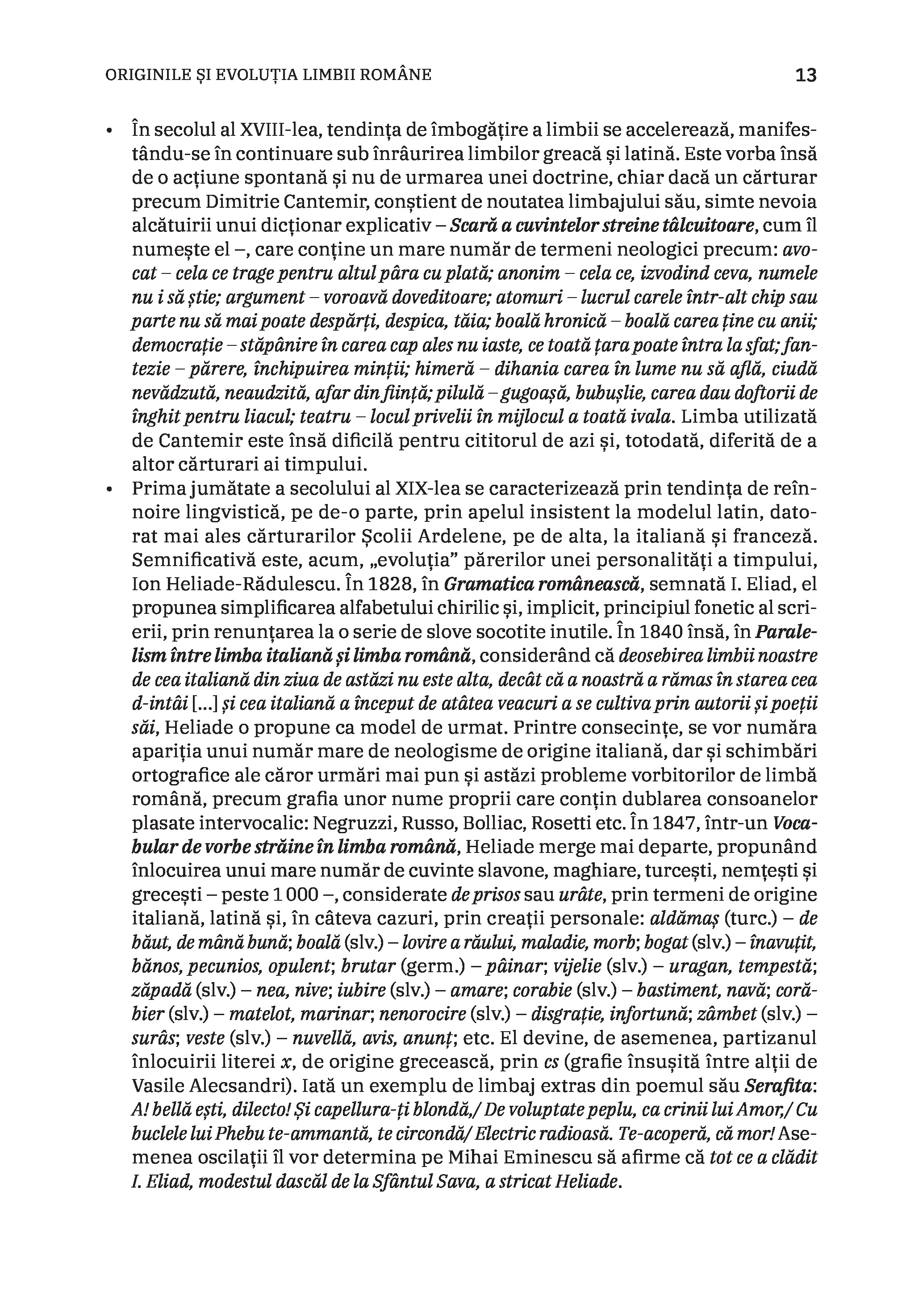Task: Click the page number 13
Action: [x=806, y=75]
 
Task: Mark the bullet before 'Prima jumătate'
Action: [x=109, y=489]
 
